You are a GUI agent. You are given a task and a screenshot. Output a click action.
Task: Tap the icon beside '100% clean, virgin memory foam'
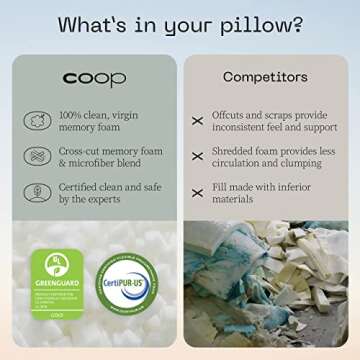(x=37, y=120)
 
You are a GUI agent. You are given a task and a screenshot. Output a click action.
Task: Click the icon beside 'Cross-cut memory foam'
(x=37, y=156)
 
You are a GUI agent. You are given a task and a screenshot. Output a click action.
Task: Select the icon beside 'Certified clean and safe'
(x=37, y=192)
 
